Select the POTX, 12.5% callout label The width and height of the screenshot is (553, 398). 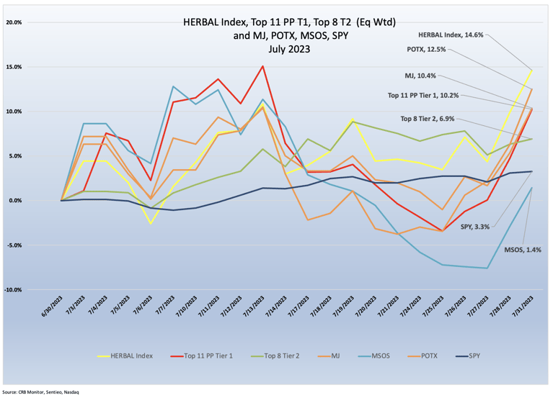426,50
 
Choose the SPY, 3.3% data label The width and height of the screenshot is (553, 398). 475,227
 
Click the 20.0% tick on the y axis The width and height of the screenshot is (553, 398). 14,22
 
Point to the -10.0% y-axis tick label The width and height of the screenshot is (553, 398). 13,290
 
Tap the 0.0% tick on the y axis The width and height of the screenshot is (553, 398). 15,201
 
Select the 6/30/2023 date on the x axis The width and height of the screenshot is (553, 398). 53,307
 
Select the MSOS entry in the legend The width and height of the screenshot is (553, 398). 379,356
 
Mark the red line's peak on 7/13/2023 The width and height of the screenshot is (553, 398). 262,66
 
